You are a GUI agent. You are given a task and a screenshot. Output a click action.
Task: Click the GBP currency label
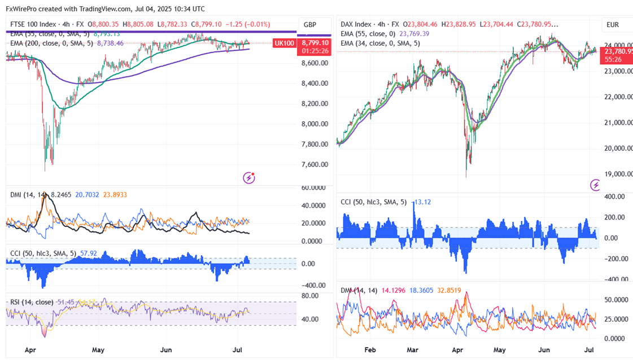tap(309, 25)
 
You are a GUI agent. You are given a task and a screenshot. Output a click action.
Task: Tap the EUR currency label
tap(613, 25)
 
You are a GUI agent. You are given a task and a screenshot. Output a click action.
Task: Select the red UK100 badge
tap(285, 43)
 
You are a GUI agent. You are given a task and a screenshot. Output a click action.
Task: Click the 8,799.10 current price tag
tap(315, 43)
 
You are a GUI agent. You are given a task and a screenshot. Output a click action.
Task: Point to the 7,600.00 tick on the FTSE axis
tap(314, 165)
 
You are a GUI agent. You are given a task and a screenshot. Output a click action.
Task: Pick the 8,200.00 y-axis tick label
tap(314, 104)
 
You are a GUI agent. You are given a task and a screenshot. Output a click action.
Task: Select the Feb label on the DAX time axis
tap(370, 350)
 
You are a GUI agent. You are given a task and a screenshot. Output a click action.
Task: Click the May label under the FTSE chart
tap(98, 350)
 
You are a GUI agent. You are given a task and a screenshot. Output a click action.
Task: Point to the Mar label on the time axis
tap(413, 350)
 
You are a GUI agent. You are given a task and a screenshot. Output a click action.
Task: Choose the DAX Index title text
tap(356, 25)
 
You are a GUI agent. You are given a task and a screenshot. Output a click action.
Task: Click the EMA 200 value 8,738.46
tap(111, 42)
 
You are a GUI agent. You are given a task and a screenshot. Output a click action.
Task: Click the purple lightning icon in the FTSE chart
tap(249, 178)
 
